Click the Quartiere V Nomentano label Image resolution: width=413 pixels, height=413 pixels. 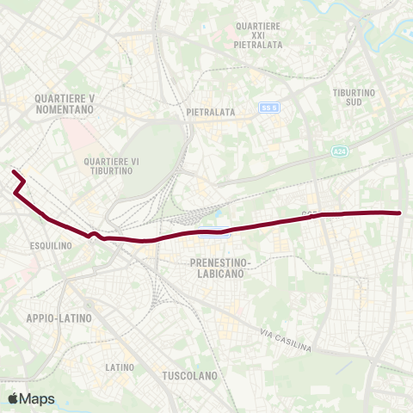(65, 103)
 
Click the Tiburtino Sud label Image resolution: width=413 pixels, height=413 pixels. (355, 97)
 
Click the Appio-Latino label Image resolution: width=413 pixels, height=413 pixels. (59, 317)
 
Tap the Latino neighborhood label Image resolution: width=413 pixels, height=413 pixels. (119, 367)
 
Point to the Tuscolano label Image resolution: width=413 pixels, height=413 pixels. (189, 376)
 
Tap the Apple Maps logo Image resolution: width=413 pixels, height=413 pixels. (32, 398)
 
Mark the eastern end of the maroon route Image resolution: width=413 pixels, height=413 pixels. (401, 213)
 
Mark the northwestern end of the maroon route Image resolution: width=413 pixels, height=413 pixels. (13, 172)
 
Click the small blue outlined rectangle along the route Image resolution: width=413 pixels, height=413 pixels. (214, 231)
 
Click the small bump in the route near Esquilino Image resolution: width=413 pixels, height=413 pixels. (93, 233)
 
